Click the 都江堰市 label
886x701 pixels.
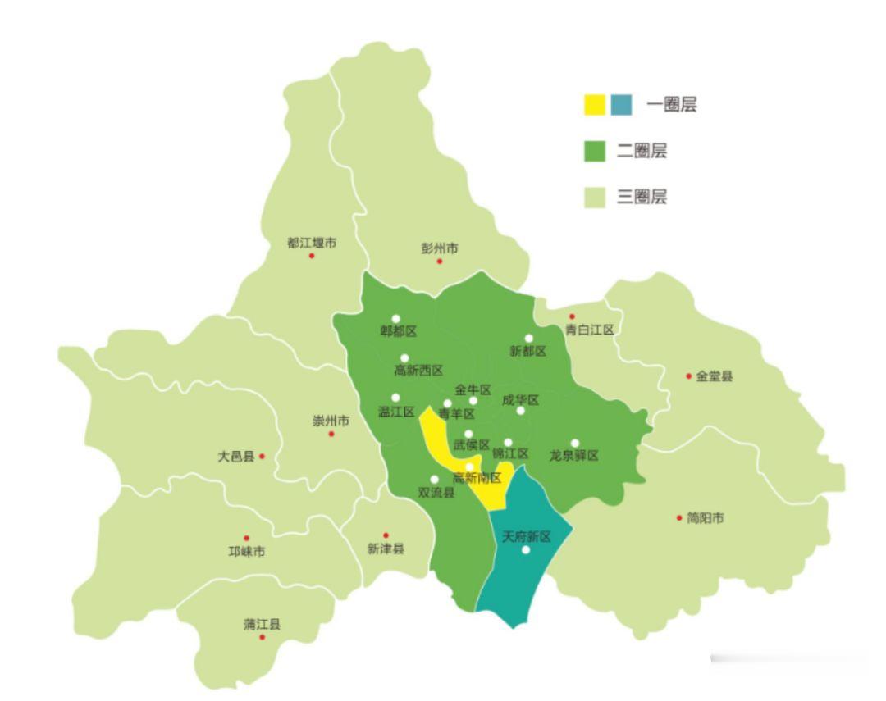click(312, 243)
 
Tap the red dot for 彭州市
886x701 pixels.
click(440, 262)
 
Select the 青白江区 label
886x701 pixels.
click(590, 330)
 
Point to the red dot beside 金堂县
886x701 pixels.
click(689, 376)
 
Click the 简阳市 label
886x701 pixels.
click(706, 518)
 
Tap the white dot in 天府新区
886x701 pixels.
click(526, 550)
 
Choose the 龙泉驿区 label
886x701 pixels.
click(574, 456)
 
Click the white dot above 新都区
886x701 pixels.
click(529, 338)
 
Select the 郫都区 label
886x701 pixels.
click(398, 331)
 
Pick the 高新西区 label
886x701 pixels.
click(418, 371)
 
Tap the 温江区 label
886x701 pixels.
click(396, 412)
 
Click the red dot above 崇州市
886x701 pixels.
click(331, 434)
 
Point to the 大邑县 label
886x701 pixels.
click(235, 456)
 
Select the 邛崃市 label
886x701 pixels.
click(246, 552)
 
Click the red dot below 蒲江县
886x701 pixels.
click(263, 637)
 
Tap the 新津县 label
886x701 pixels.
click(386, 549)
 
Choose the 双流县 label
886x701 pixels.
click(436, 493)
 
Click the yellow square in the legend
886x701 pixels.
click(595, 105)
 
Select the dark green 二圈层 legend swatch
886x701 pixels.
click(595, 151)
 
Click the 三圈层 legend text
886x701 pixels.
click(642, 197)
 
